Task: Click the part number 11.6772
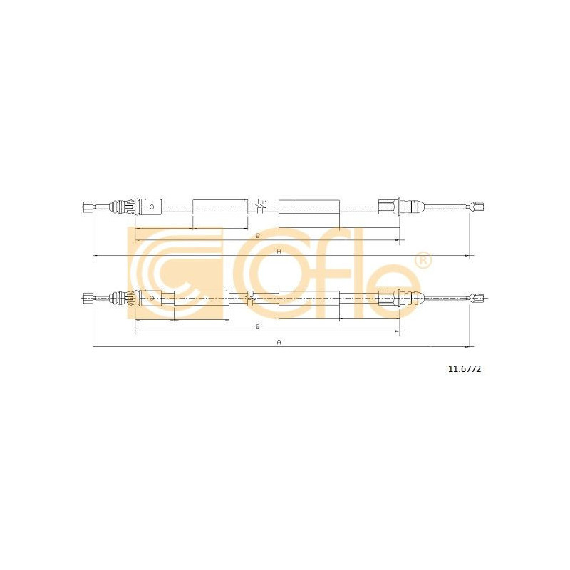point(465,369)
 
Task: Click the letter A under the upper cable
point(279,252)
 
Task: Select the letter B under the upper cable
point(258,236)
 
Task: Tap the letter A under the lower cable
point(279,342)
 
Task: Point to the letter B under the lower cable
point(258,326)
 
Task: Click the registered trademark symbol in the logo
point(423,261)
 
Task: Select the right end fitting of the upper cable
point(477,207)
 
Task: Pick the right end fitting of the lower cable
point(477,298)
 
